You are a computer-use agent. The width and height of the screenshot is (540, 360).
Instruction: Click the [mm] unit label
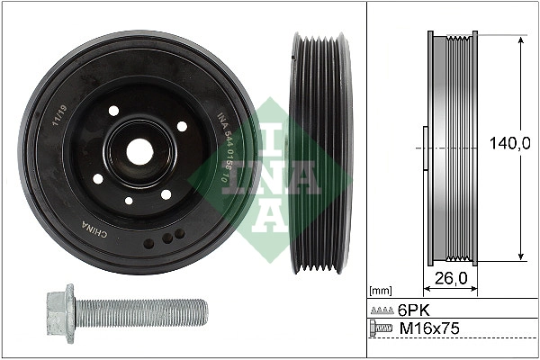pyautogui.click(x=382, y=291)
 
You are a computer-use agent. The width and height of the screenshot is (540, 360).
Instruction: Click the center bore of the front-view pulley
pyautogui.click(x=139, y=151)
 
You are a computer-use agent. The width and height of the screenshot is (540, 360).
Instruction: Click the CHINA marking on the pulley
pyautogui.click(x=94, y=230)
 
